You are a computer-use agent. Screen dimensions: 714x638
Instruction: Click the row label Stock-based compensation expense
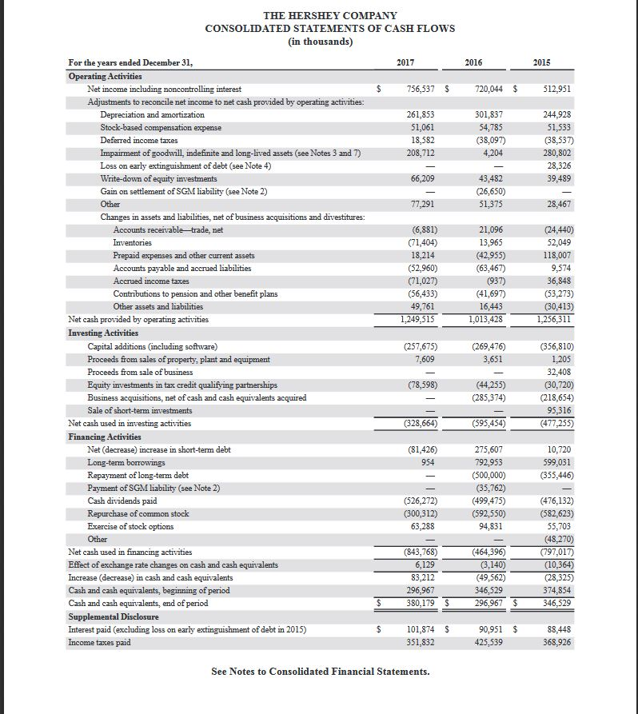click(x=161, y=127)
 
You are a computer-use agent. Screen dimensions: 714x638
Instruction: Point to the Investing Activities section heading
click(x=103, y=333)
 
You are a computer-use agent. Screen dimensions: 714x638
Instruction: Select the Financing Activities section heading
click(x=105, y=437)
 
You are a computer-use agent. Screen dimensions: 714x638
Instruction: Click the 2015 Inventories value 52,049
click(x=556, y=242)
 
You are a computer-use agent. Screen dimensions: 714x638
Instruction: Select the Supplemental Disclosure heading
click(x=113, y=617)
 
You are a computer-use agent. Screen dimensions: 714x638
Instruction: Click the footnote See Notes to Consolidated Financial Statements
click(x=320, y=672)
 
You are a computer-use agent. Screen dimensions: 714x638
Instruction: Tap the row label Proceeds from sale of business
click(x=140, y=372)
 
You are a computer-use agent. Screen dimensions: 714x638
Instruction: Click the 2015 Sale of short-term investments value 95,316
click(x=556, y=410)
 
